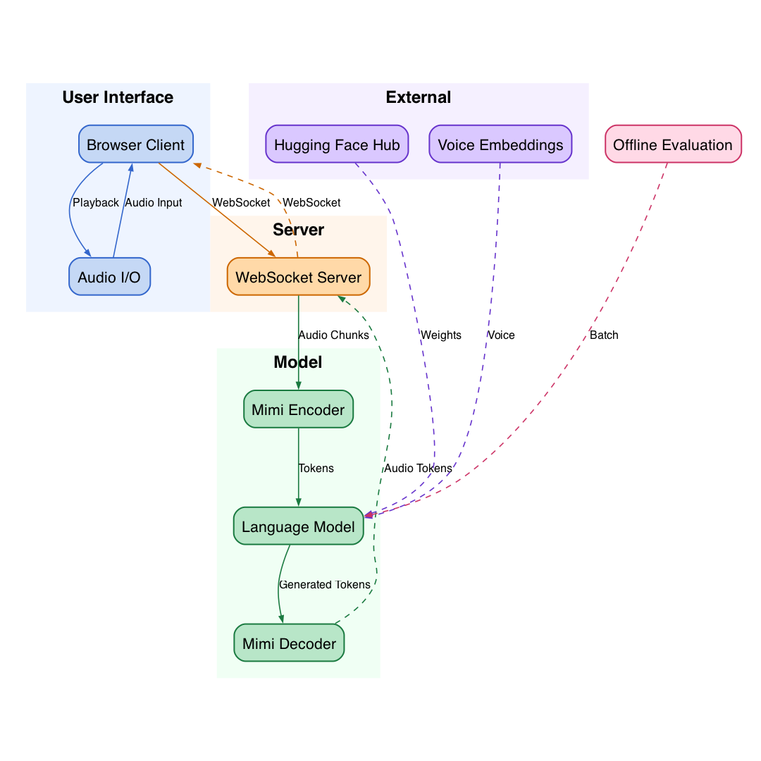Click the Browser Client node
tap(136, 144)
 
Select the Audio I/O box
tap(110, 277)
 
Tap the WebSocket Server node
tap(299, 277)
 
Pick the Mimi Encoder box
tap(299, 409)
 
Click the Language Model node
tap(299, 526)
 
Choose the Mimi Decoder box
tap(290, 643)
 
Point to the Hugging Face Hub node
tap(337, 144)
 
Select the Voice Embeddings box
tap(500, 144)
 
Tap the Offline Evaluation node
tap(673, 144)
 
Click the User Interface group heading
tap(118, 97)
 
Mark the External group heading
tap(419, 97)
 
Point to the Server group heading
tap(299, 230)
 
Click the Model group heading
tap(298, 362)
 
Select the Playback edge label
tap(96, 202)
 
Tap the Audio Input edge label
tap(154, 202)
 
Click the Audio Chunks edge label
tap(333, 335)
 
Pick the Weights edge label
tap(440, 335)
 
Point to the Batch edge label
tap(604, 335)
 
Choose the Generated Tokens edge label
tap(325, 584)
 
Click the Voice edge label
tap(501, 335)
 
